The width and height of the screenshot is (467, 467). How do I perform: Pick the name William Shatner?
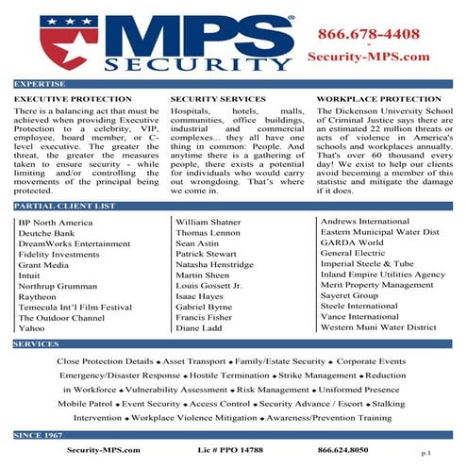tap(208, 221)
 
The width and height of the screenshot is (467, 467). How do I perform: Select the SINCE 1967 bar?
tap(39, 435)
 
